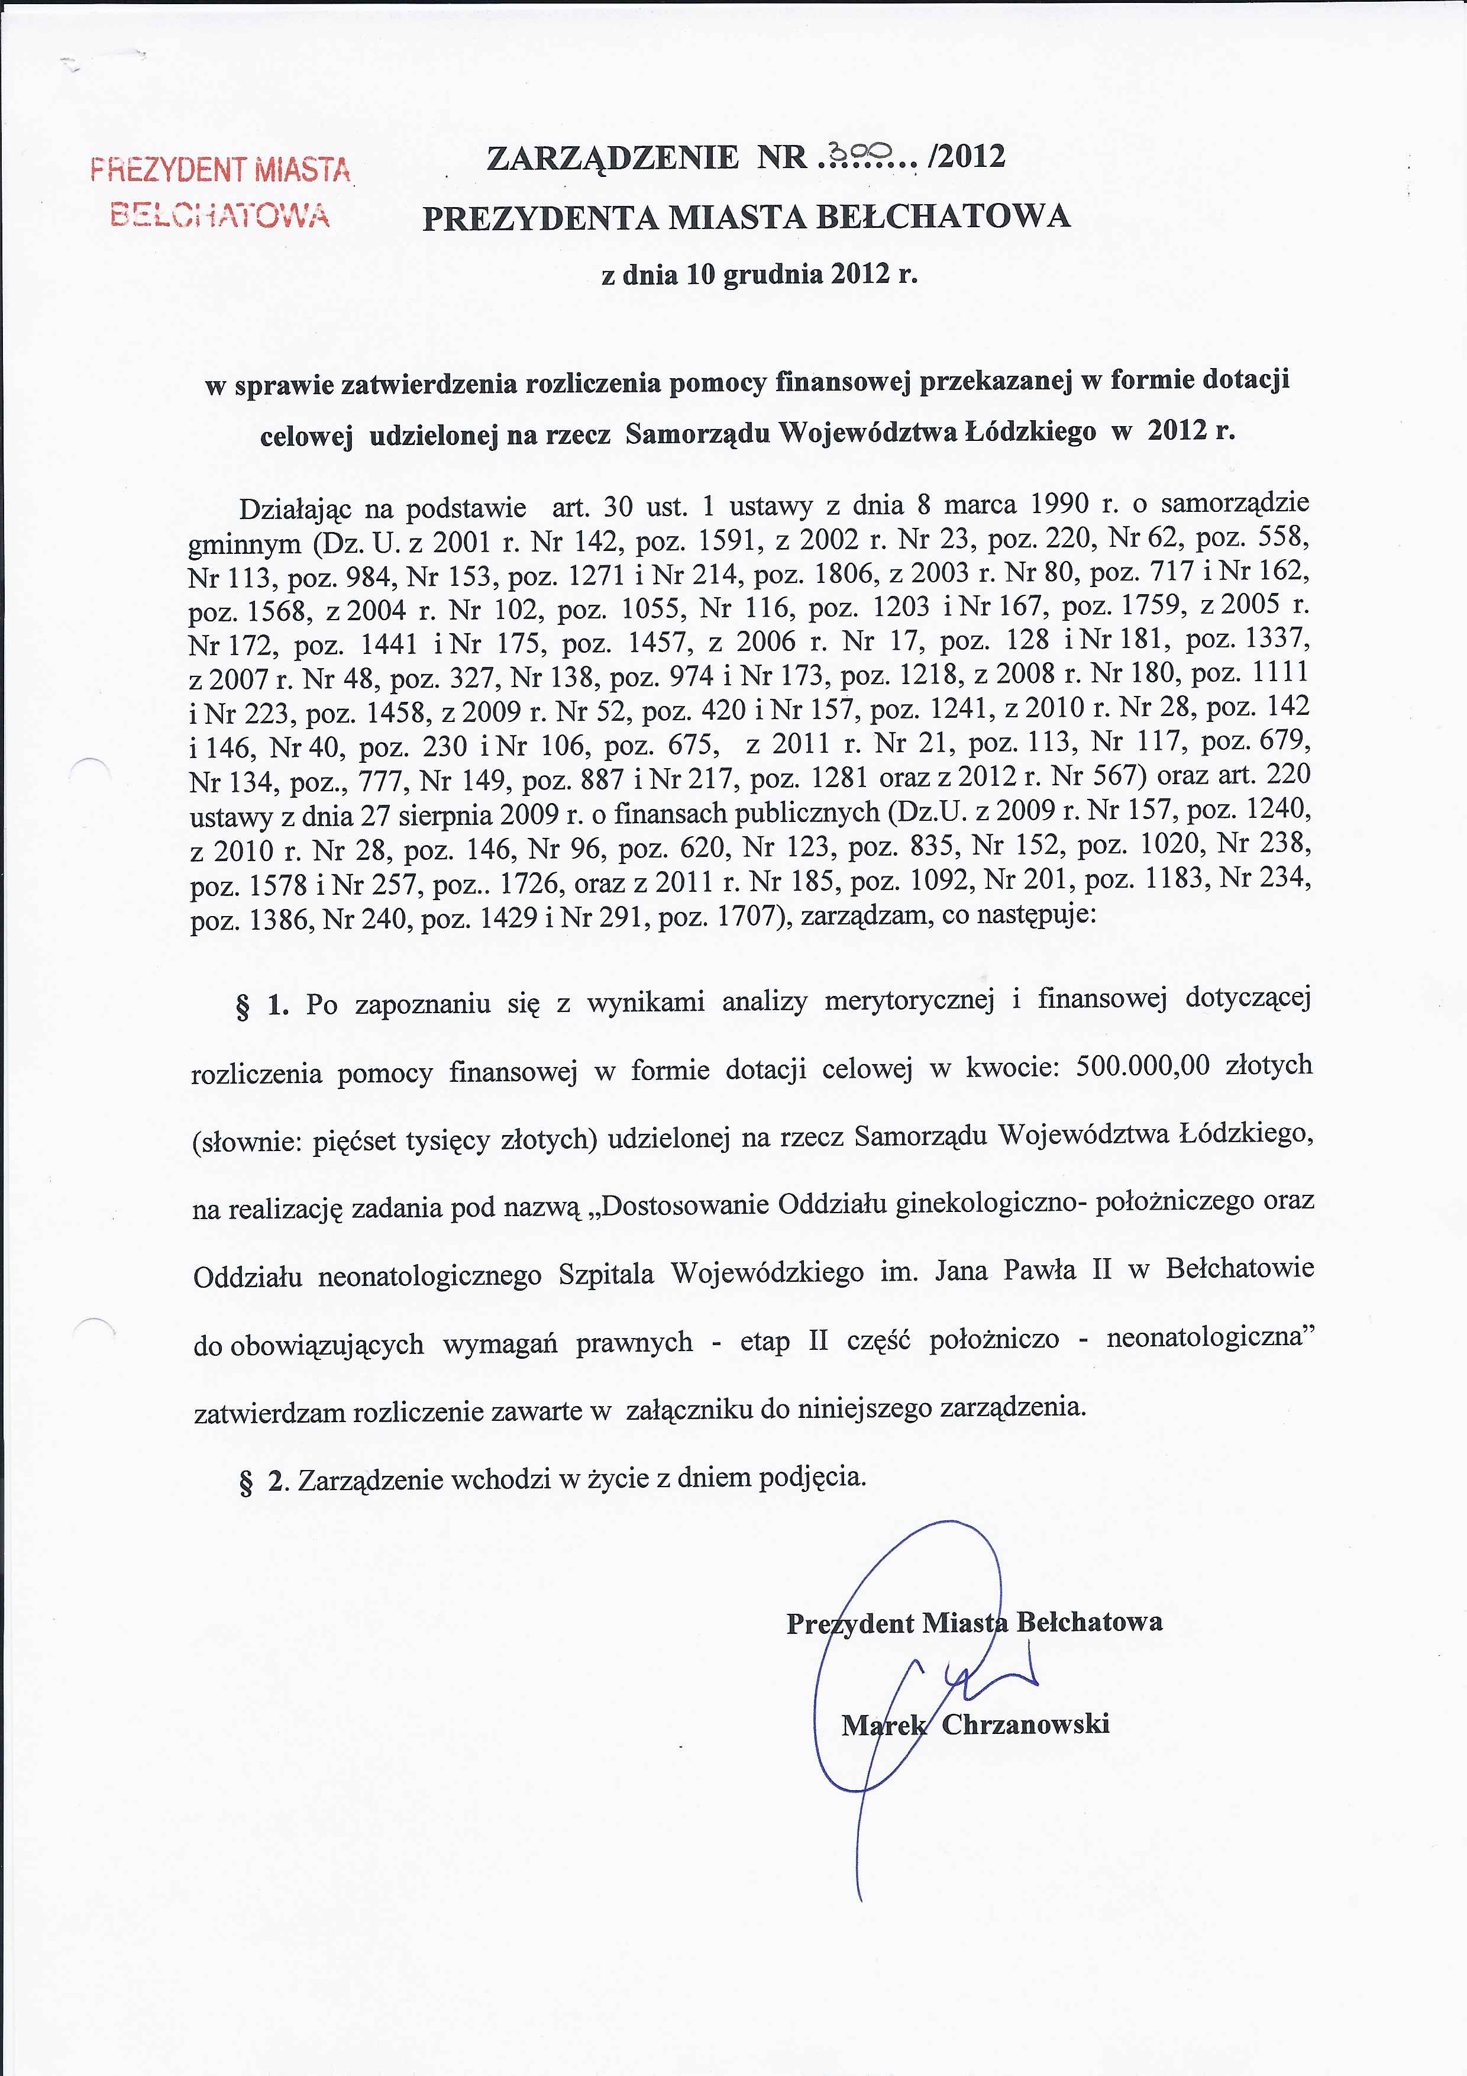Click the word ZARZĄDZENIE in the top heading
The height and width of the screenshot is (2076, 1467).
[612, 157]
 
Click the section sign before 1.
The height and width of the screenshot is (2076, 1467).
[243, 1007]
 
